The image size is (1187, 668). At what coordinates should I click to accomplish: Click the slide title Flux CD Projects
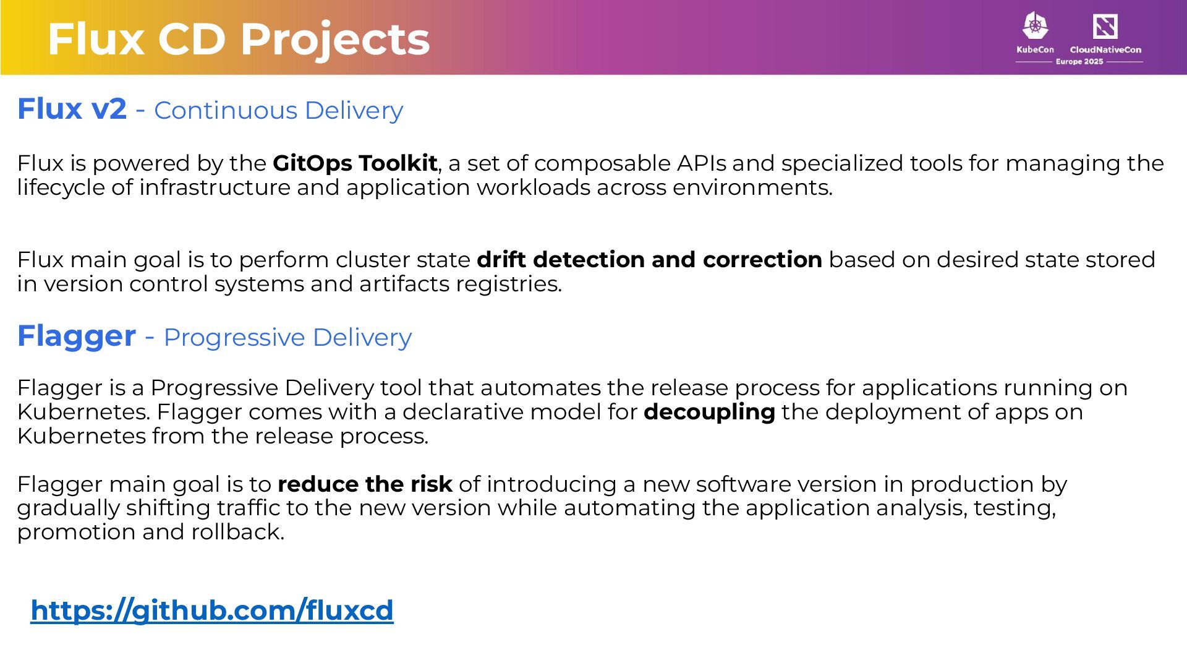pyautogui.click(x=238, y=38)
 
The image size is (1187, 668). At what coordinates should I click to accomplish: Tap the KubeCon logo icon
pyautogui.click(x=1035, y=26)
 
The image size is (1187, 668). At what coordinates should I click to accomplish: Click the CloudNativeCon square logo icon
pyautogui.click(x=1105, y=27)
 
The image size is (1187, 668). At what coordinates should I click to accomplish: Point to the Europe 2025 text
pyautogui.click(x=1079, y=61)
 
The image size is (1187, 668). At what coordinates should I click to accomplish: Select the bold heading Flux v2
pyautogui.click(x=72, y=109)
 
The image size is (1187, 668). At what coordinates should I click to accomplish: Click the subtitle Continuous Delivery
pyautogui.click(x=278, y=110)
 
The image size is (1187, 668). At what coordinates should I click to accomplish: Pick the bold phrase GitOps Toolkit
pyautogui.click(x=355, y=163)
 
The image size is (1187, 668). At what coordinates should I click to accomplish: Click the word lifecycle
pyautogui.click(x=61, y=187)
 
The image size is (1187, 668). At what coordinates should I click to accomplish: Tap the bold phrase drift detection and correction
pyautogui.click(x=649, y=260)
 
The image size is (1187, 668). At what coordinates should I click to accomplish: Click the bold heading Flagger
pyautogui.click(x=76, y=336)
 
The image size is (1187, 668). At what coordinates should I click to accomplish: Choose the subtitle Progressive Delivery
pyautogui.click(x=287, y=338)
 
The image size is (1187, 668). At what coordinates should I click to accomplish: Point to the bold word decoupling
pyautogui.click(x=709, y=412)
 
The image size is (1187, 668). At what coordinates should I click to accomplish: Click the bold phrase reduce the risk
pyautogui.click(x=365, y=484)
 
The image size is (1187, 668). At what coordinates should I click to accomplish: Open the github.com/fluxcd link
pyautogui.click(x=212, y=610)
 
